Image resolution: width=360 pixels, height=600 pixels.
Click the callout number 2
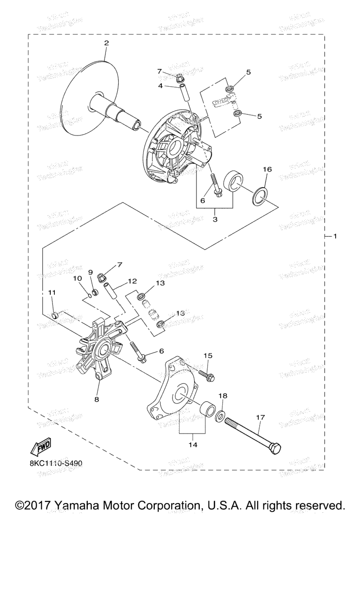coord(106,43)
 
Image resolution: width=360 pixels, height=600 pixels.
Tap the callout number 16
coord(266,169)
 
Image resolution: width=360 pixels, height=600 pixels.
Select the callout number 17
coord(261,416)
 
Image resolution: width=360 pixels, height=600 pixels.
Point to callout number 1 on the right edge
coord(335,236)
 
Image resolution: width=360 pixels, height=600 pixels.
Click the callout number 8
coord(97,399)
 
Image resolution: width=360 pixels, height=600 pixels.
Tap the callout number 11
coord(52,292)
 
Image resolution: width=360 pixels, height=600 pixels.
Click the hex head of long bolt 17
coord(276,448)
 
